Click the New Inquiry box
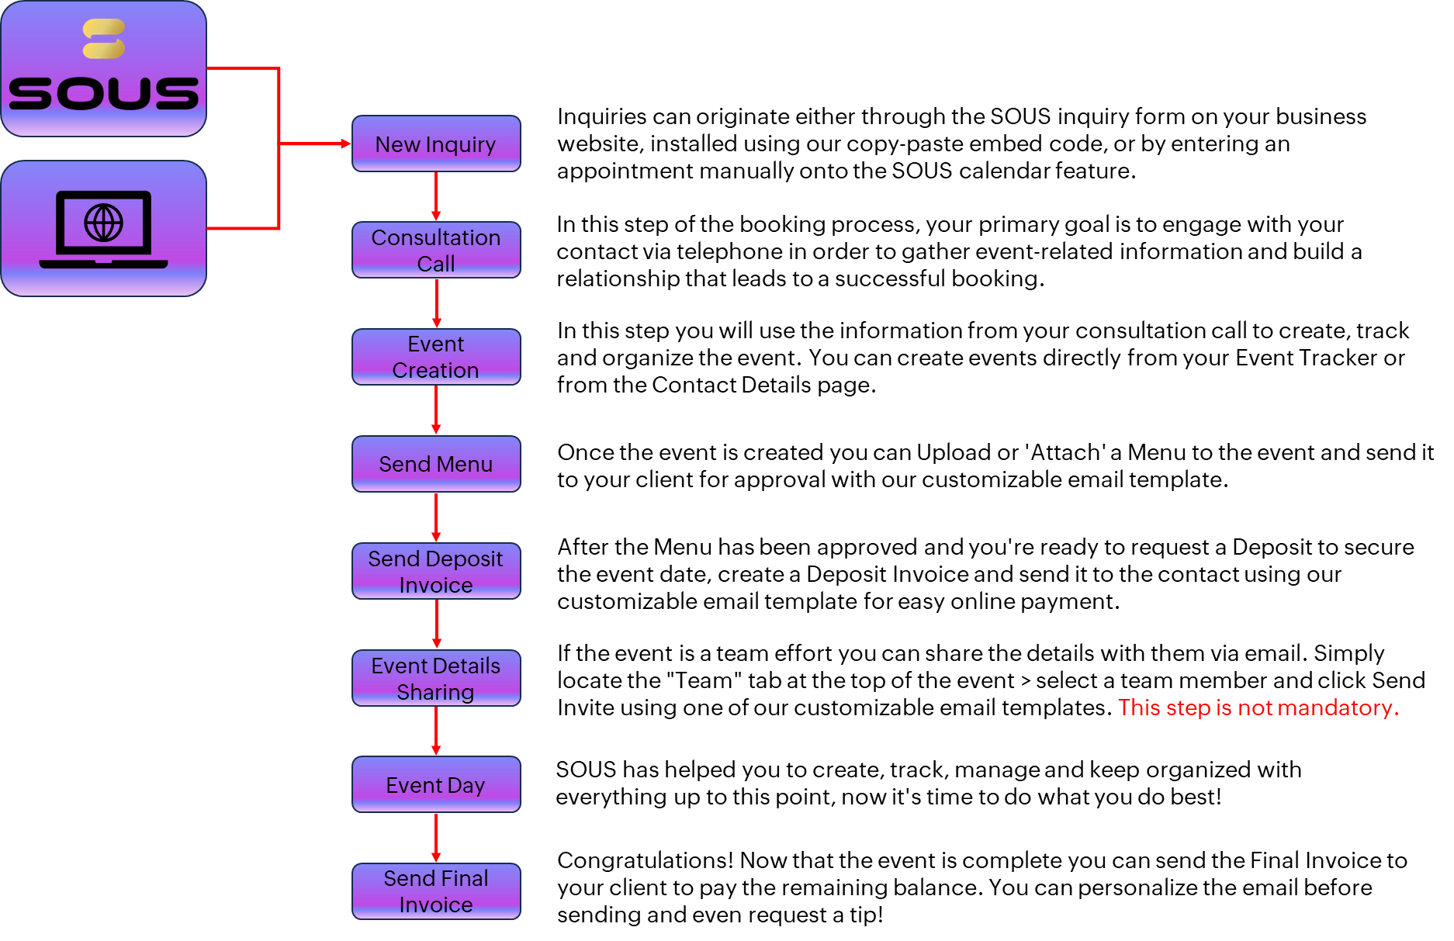(x=436, y=144)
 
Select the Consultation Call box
(x=436, y=251)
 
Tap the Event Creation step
(x=436, y=357)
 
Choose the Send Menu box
(x=436, y=464)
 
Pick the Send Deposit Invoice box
(x=436, y=571)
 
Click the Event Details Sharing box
(x=436, y=678)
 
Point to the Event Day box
(x=436, y=784)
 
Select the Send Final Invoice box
(x=436, y=891)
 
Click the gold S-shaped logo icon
(x=104, y=39)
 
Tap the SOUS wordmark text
(x=104, y=93)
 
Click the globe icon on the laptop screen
(x=104, y=223)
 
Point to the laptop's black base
(x=104, y=264)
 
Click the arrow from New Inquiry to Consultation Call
(x=436, y=196)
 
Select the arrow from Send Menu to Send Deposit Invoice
(x=436, y=517)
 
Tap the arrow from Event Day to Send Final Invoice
(x=436, y=837)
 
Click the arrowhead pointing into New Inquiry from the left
(x=345, y=144)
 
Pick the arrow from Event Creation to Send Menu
(x=436, y=410)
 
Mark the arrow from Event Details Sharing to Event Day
(x=436, y=731)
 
